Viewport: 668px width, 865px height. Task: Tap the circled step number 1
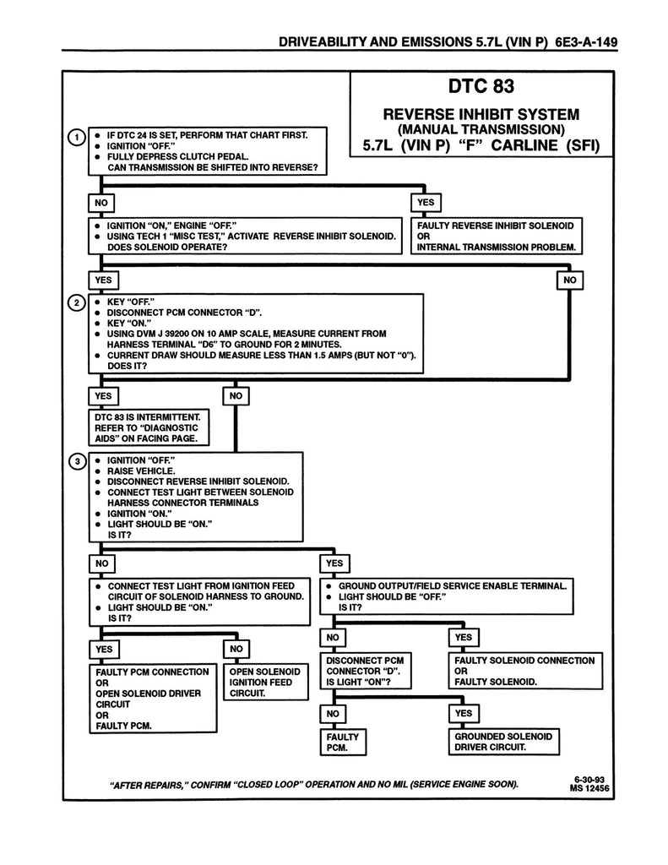click(x=76, y=138)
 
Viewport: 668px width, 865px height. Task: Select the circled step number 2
click(x=76, y=302)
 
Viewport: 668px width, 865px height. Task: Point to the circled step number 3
click(x=76, y=461)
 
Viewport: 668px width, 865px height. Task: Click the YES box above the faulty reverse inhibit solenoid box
click(x=425, y=203)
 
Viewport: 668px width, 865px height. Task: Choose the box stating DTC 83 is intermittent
click(x=149, y=427)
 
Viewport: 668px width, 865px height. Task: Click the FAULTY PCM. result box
click(x=341, y=742)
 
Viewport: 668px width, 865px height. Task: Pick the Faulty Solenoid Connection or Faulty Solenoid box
click(x=524, y=671)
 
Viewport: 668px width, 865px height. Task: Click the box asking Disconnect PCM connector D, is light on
click(x=364, y=671)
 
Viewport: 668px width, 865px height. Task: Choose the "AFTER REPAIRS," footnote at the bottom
click(x=314, y=784)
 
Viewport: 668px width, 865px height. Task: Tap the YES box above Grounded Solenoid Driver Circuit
click(x=463, y=714)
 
